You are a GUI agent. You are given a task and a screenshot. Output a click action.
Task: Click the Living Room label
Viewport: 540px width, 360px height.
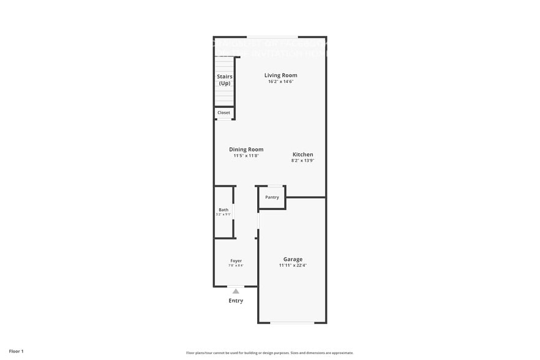click(x=280, y=75)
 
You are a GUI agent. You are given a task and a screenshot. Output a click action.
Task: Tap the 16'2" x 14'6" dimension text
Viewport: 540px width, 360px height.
click(x=280, y=82)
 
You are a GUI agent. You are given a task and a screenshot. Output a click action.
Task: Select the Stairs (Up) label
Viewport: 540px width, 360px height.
click(x=225, y=80)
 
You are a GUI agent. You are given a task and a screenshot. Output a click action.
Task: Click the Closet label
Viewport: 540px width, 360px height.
click(x=223, y=113)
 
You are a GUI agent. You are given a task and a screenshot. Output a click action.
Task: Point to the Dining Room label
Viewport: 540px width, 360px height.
click(x=246, y=149)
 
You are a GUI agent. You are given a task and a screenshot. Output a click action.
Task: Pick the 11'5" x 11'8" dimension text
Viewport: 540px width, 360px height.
click(x=246, y=156)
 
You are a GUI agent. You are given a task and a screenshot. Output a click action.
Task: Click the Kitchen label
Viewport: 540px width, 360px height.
click(x=302, y=154)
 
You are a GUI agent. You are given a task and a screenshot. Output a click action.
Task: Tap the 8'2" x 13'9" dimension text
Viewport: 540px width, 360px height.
click(x=302, y=161)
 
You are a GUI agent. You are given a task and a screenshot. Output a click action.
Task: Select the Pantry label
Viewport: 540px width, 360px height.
click(x=272, y=197)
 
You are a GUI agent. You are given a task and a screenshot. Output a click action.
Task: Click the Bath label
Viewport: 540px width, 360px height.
click(x=223, y=210)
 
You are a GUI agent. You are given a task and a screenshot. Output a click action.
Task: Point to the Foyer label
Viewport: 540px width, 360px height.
click(x=236, y=261)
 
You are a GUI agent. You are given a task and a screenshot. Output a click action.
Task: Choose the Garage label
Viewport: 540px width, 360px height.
click(x=293, y=259)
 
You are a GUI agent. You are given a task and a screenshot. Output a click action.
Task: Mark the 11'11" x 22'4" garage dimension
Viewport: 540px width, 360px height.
click(x=293, y=266)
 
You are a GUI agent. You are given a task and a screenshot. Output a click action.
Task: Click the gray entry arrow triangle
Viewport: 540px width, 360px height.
click(x=236, y=291)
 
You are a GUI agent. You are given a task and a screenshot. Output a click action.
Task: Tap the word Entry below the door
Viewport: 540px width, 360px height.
click(x=236, y=301)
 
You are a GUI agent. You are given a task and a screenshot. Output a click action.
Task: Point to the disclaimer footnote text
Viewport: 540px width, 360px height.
click(x=269, y=353)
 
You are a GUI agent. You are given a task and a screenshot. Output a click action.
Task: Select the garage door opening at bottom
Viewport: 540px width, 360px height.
click(x=293, y=323)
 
